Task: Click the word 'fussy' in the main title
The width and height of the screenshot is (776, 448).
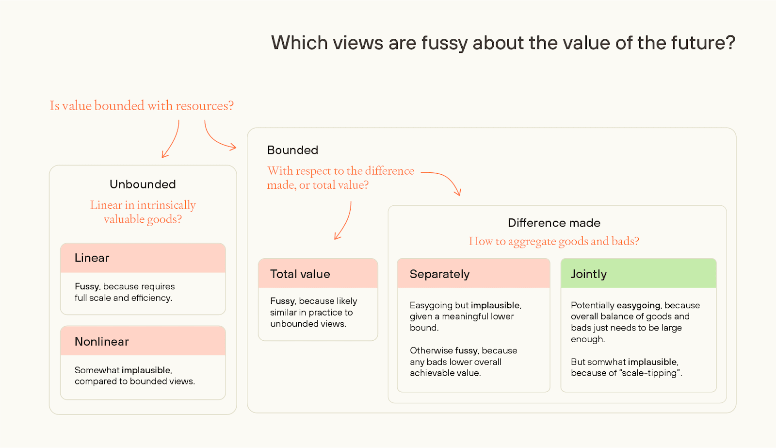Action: pos(444,43)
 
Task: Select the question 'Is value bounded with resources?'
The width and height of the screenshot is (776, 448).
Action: pos(142,106)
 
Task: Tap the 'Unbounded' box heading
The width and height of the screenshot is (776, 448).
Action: pos(143,184)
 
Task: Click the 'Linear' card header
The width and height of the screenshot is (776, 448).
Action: pos(143,258)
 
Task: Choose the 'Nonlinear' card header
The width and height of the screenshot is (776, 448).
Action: pos(143,341)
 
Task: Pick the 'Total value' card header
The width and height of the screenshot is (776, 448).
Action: pos(318,274)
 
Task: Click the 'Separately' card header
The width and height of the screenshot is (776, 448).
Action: pos(473,274)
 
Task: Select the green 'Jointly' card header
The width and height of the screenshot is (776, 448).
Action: pos(638,274)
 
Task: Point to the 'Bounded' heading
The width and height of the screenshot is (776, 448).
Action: pos(292,150)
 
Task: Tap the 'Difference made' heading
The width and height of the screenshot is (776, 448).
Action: pos(554,223)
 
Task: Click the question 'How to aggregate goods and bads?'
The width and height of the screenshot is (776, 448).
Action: pos(554,241)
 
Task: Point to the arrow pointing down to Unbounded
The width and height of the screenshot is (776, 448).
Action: pos(171,140)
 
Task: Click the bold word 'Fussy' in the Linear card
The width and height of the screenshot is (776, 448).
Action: pos(87,286)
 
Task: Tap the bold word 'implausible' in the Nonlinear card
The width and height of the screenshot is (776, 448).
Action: pos(146,370)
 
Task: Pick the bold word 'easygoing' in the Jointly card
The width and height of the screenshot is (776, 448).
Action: pos(638,305)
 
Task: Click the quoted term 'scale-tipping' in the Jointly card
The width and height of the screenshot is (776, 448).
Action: pos(650,373)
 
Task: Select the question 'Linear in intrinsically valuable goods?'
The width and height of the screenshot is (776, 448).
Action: pos(143,212)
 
